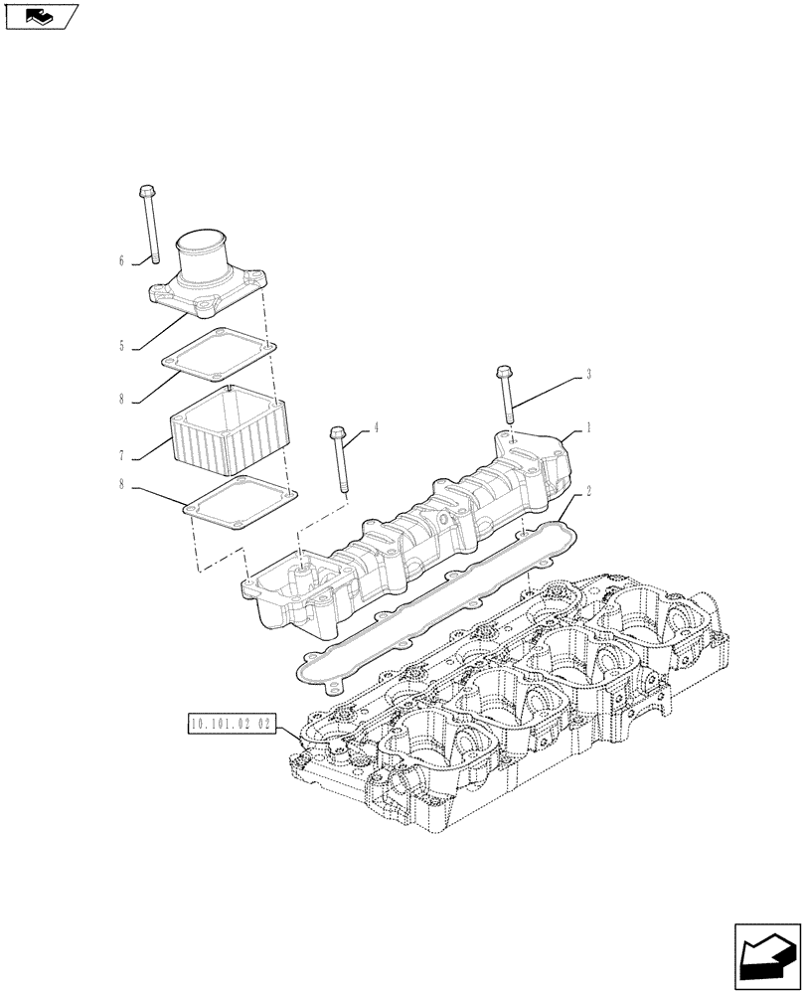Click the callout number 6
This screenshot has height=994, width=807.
pos(121,260)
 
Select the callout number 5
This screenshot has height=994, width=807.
pos(121,347)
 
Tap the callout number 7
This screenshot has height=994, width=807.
pos(121,456)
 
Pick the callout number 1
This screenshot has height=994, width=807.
pos(588,427)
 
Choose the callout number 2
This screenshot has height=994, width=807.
pos(588,490)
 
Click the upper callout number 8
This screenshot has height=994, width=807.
pos(121,401)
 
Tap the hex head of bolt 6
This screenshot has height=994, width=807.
pos(146,190)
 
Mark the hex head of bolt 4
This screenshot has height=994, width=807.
pos(336,433)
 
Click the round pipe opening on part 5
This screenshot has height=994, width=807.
pos(203,243)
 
